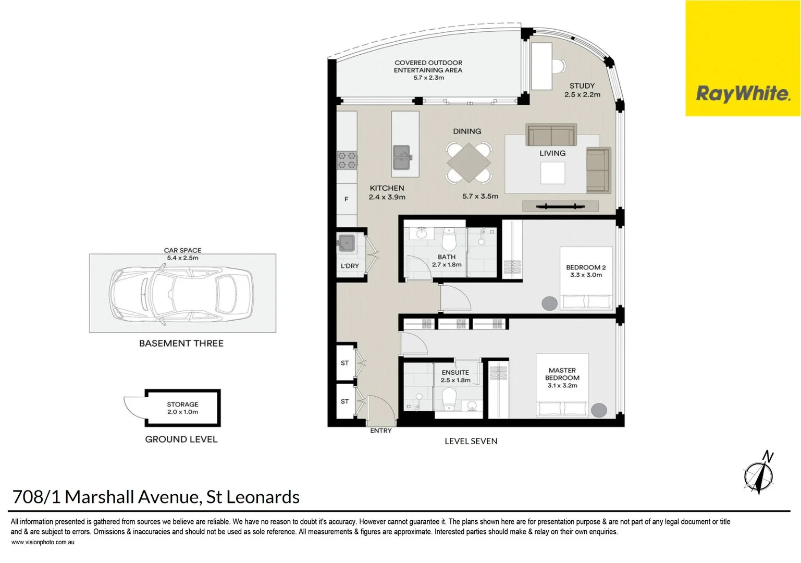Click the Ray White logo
click(x=743, y=94)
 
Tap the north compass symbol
click(x=758, y=473)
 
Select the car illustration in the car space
click(x=182, y=293)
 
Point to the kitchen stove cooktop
click(x=347, y=160)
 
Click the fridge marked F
click(x=347, y=199)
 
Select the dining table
click(x=468, y=163)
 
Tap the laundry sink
click(x=346, y=243)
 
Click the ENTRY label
click(x=380, y=431)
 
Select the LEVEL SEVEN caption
click(x=471, y=441)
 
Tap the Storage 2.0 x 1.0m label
click(x=182, y=408)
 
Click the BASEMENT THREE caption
click(x=181, y=344)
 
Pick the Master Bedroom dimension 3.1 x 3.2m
click(x=562, y=386)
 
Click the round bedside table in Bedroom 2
click(x=549, y=303)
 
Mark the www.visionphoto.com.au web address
click(x=43, y=543)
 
